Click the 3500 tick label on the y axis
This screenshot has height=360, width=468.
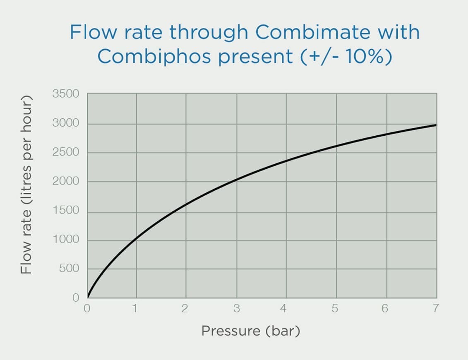coord(65,94)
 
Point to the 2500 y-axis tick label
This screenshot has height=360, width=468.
coord(65,152)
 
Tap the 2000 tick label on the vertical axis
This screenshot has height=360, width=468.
coord(65,181)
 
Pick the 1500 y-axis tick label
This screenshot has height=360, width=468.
coord(65,210)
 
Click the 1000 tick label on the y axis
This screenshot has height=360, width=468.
coord(65,240)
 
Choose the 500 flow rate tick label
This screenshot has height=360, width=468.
coord(68,269)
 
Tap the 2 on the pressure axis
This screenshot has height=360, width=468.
coord(185,308)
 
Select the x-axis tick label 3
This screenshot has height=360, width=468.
coord(236,308)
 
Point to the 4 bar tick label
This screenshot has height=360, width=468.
coord(284,308)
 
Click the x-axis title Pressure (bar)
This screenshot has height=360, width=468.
coord(250,331)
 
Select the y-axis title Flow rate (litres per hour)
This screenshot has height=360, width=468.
coord(26,184)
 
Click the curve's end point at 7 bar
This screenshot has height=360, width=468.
coord(436,125)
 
